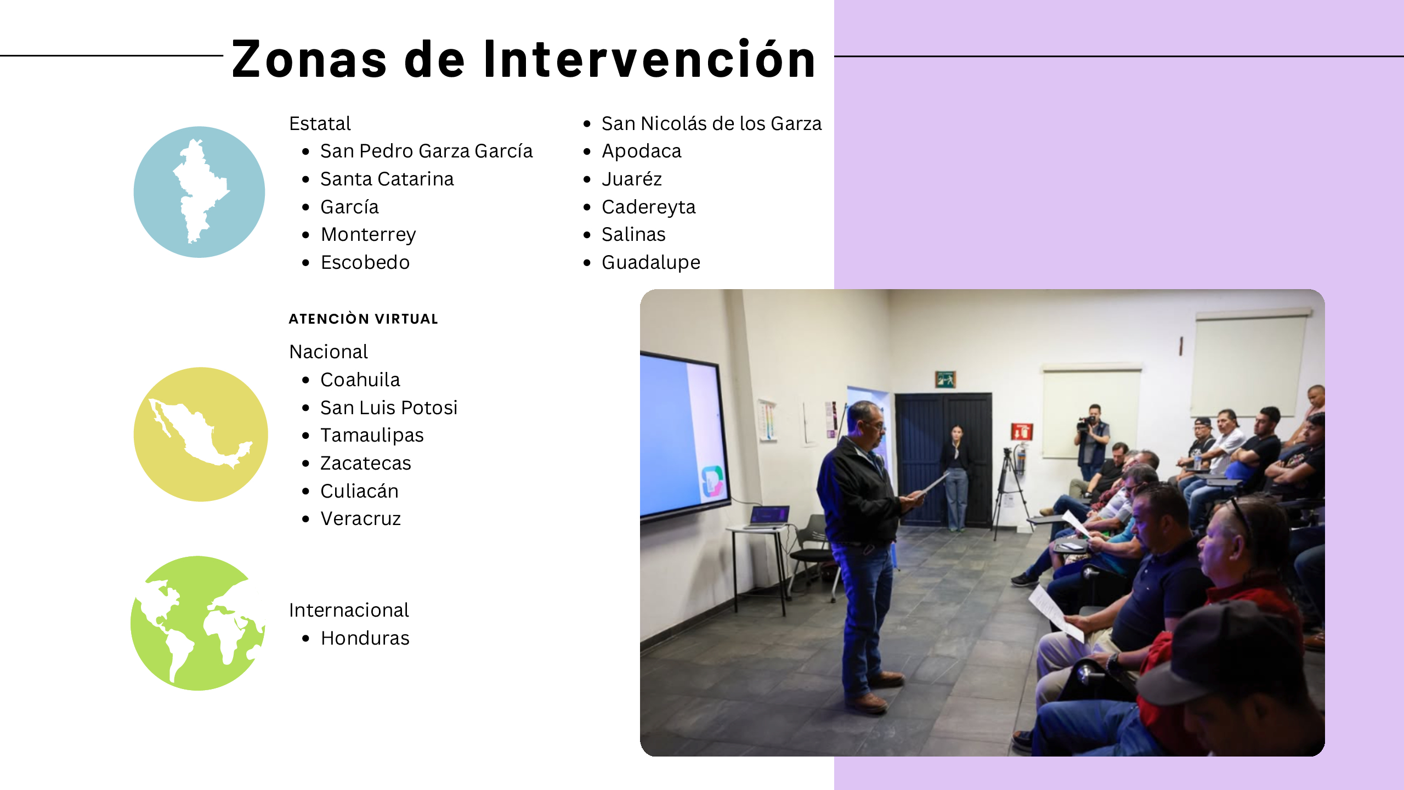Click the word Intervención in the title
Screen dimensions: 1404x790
pos(650,59)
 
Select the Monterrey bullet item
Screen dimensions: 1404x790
pos(368,235)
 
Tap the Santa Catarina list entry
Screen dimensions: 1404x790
pos(387,179)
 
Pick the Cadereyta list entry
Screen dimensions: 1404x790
pos(648,207)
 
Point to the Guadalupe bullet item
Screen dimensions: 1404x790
pos(651,262)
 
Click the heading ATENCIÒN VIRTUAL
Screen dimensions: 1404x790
pos(364,319)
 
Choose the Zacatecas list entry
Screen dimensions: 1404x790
pos(366,463)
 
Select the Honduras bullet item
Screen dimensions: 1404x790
pos(365,638)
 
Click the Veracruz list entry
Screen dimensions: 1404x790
pos(361,518)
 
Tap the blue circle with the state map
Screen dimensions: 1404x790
pos(199,192)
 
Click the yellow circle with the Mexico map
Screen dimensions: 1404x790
pos(201,434)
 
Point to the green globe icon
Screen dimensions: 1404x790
pos(198,623)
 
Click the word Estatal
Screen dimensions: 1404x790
pos(320,123)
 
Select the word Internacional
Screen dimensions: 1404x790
pos(349,610)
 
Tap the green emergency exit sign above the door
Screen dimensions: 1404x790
pos(946,379)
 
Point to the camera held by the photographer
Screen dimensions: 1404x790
pos(1085,423)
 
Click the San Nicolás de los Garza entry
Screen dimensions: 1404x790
pos(712,123)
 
